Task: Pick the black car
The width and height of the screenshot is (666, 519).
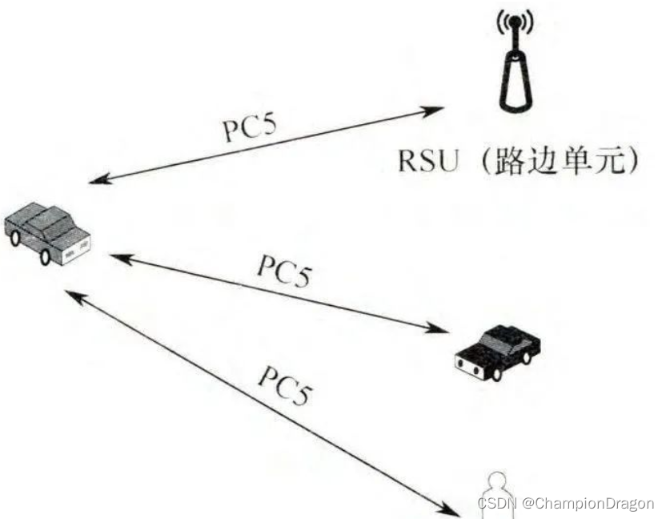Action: (497, 349)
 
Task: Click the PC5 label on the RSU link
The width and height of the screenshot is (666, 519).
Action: (252, 125)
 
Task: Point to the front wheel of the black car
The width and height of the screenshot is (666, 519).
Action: (497, 372)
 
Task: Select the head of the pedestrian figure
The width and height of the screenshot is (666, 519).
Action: (497, 479)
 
